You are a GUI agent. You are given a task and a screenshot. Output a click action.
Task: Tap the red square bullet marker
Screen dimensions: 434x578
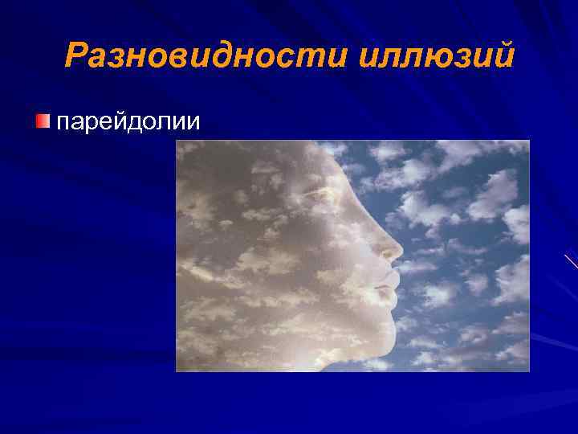pos(42,121)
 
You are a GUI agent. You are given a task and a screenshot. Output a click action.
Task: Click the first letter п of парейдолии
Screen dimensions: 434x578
pos(62,123)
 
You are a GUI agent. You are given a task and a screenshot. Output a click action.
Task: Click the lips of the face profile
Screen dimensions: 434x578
pos(389,283)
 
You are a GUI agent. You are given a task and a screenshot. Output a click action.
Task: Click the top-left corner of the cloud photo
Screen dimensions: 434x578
pos(177,141)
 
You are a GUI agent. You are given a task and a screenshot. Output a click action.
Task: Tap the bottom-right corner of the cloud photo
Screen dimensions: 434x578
pos(529,371)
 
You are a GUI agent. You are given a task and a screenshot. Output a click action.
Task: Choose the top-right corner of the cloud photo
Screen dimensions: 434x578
pos(529,141)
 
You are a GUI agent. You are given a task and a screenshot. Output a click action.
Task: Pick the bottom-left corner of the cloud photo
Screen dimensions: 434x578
pos(177,371)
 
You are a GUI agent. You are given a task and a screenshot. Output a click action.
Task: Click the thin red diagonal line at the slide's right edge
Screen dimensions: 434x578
pos(571,260)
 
